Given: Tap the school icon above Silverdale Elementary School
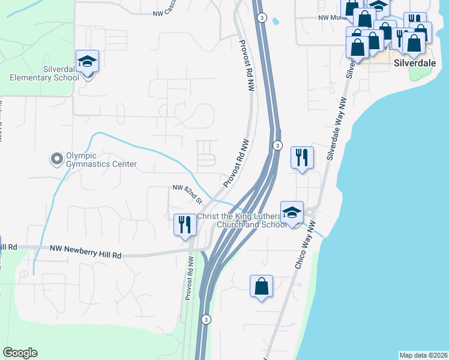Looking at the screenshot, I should (87, 61).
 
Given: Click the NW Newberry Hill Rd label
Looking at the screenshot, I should (86, 251).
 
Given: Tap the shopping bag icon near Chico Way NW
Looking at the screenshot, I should (262, 286).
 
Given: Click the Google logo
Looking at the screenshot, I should (20, 353).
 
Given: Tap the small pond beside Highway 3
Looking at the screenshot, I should (276, 20).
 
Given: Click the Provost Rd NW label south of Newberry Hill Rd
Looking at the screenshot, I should (188, 279).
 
